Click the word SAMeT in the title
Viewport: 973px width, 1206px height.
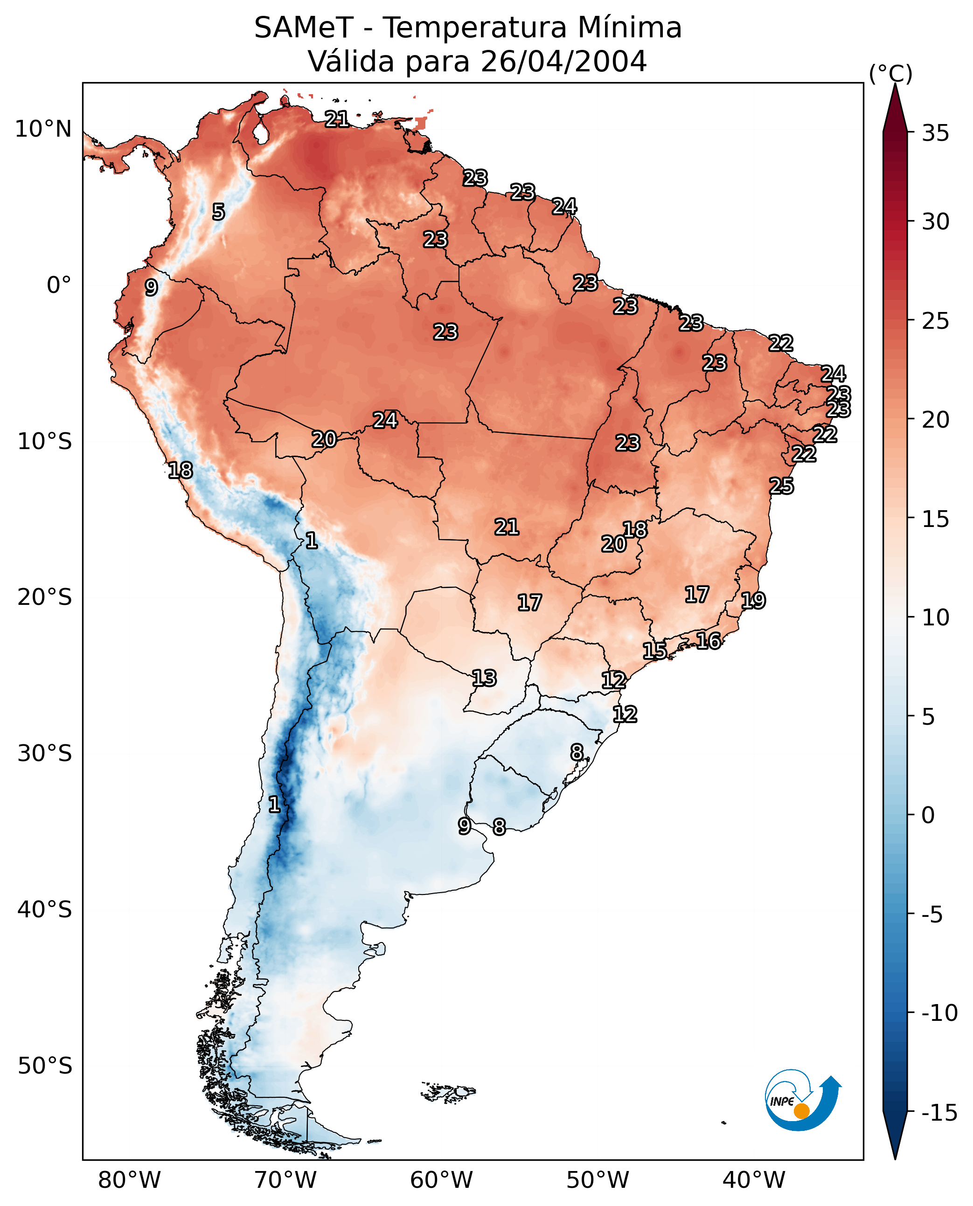303,28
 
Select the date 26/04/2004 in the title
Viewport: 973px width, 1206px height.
563,61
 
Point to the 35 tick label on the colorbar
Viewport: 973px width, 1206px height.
935,133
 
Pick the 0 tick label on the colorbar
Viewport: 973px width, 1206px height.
928,815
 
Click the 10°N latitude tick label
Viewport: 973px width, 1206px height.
43,130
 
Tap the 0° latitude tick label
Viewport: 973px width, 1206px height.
59,285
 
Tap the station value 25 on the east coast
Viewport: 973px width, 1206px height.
781,486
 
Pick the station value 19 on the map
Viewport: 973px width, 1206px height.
753,601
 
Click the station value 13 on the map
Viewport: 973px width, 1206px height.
484,679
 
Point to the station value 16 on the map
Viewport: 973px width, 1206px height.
709,641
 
